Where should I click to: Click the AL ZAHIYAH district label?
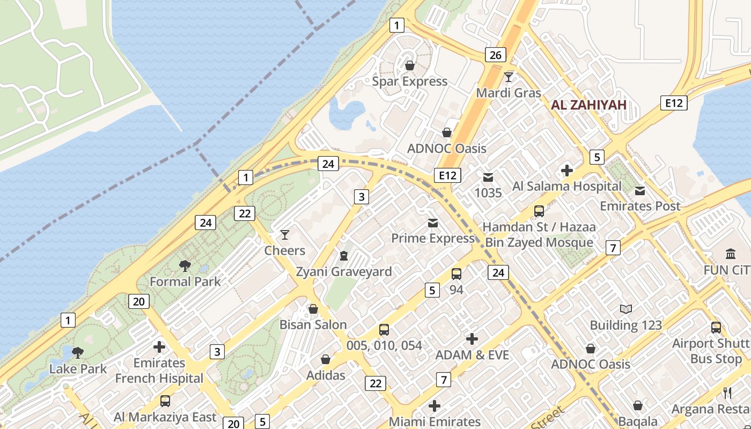point(588,105)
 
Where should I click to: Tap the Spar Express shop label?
point(409,82)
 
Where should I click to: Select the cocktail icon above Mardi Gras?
point(509,77)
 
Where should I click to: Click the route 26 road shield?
point(495,55)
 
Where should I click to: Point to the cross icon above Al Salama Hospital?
point(566,171)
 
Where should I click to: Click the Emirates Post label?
point(639,206)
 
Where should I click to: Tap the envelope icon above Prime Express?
point(432,223)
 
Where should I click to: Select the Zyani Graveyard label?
point(344,271)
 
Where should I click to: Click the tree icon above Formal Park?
point(185,265)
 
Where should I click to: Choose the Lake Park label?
point(78,369)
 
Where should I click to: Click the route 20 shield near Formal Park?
point(138,301)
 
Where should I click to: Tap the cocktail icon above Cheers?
point(284,235)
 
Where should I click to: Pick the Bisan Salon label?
point(313,324)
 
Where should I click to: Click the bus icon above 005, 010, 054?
point(384,330)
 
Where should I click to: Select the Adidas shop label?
point(326,375)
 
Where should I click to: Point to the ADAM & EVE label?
point(472,355)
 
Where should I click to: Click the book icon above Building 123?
point(625,309)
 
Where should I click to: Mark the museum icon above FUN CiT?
point(730,254)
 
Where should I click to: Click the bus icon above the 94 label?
point(456,274)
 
